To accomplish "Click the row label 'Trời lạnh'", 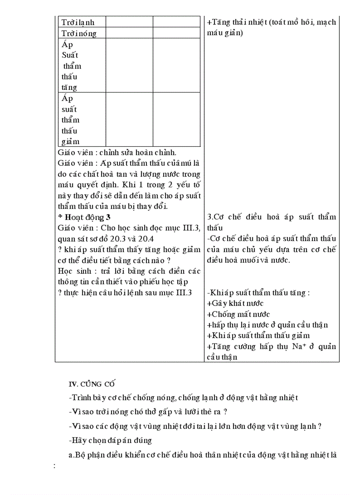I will pos(78,22).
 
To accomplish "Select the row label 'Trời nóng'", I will pos(79,33).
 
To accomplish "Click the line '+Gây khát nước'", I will pos(235,303).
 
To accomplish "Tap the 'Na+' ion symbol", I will pos(296,346).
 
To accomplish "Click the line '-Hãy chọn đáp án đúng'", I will pos(110,440).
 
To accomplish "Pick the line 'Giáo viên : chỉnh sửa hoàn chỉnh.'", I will pos(117,153).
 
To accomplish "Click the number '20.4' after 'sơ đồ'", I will pos(145,239).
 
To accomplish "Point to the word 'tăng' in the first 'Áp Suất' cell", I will pos(69,87).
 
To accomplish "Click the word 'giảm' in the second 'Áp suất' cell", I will pos(71,141).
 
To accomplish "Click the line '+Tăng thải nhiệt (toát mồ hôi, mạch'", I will pos(271,22).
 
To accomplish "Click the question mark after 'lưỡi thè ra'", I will pos(225,412).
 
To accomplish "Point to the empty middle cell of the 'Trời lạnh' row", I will pos(129,22).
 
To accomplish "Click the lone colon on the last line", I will pos(54,465).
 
